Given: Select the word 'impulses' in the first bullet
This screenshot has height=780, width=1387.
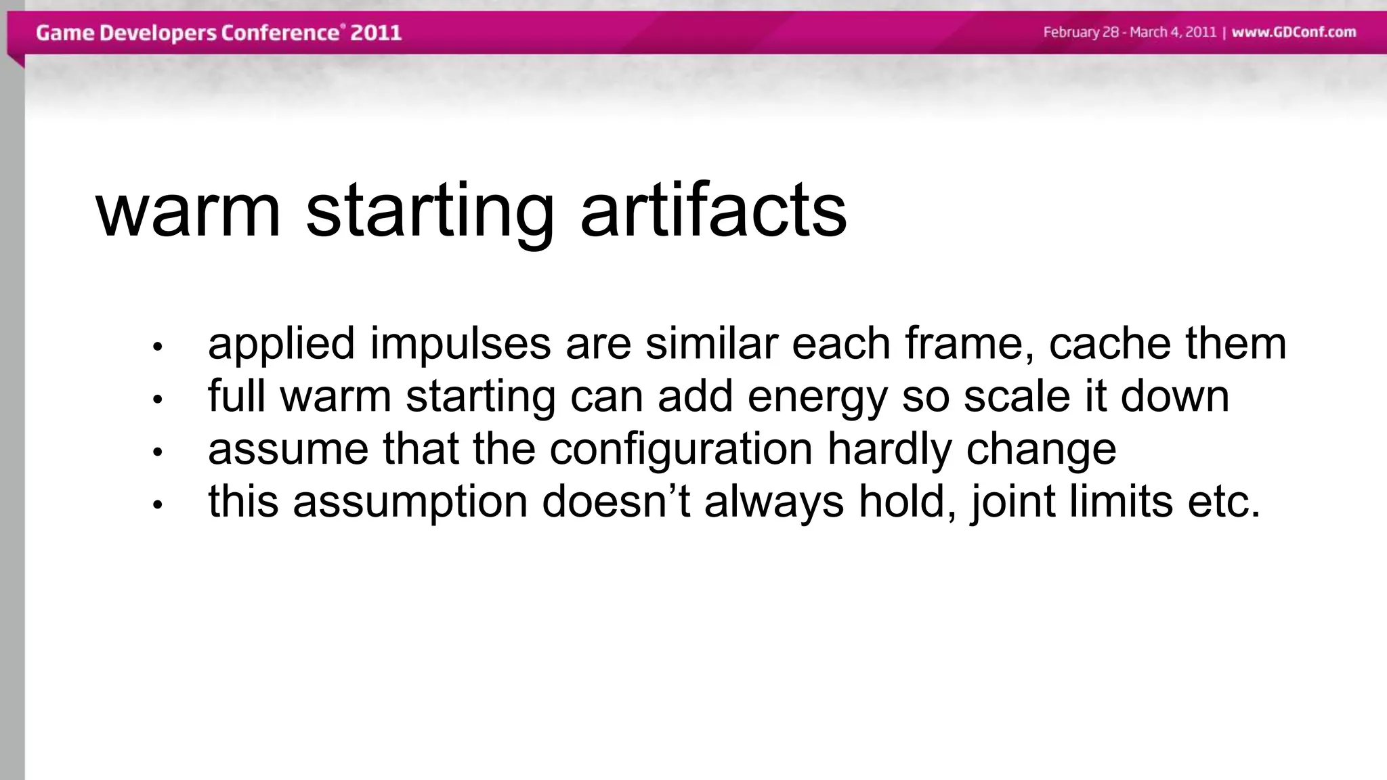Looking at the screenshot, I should pos(460,343).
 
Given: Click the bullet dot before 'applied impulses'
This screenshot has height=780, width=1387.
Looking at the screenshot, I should pos(158,347).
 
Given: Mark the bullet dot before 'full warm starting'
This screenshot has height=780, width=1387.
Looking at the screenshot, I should pos(158,400).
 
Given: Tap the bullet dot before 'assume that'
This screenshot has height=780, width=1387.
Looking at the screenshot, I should pos(158,452).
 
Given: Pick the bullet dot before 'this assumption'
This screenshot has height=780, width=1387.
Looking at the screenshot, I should pos(158,505).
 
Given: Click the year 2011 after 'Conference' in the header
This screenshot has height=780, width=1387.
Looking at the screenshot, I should pos(376,32).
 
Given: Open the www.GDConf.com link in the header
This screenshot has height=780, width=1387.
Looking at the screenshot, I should pos(1294,32).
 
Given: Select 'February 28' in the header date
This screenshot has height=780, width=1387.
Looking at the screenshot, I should pos(1081,32).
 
